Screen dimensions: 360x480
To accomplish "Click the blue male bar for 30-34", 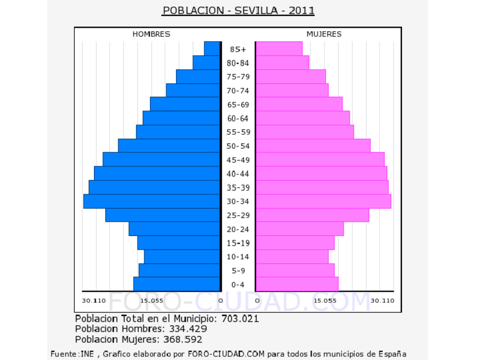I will pyautogui.click(x=152, y=202).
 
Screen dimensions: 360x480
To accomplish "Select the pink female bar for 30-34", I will pyautogui.click(x=323, y=202).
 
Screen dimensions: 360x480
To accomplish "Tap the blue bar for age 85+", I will pyautogui.click(x=212, y=49).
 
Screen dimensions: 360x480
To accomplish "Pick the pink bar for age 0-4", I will pyautogui.click(x=297, y=284).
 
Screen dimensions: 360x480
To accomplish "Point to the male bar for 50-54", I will pyautogui.click(x=169, y=146).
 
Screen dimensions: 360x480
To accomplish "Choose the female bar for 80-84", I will pyautogui.click(x=282, y=63).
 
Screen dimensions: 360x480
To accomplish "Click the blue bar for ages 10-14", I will pyautogui.click(x=182, y=257).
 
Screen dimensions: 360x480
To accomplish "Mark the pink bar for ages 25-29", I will pyautogui.click(x=312, y=215).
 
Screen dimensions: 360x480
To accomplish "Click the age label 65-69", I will pyautogui.click(x=238, y=105).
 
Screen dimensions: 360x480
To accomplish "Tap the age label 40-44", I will pyautogui.click(x=238, y=174).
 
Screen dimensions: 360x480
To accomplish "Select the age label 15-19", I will pyautogui.click(x=238, y=243).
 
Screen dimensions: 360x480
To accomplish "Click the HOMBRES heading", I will pyautogui.click(x=151, y=34).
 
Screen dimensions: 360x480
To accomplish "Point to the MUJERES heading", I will pyautogui.click(x=324, y=34).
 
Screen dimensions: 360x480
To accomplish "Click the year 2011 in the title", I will pyautogui.click(x=302, y=11).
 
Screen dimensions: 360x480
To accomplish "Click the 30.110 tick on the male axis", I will pyautogui.click(x=93, y=301).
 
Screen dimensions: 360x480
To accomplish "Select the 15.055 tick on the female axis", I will pyautogui.click(x=325, y=301).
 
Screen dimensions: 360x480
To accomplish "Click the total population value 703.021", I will pyautogui.click(x=240, y=319).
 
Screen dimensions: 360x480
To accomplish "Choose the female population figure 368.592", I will pyautogui.click(x=183, y=340).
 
